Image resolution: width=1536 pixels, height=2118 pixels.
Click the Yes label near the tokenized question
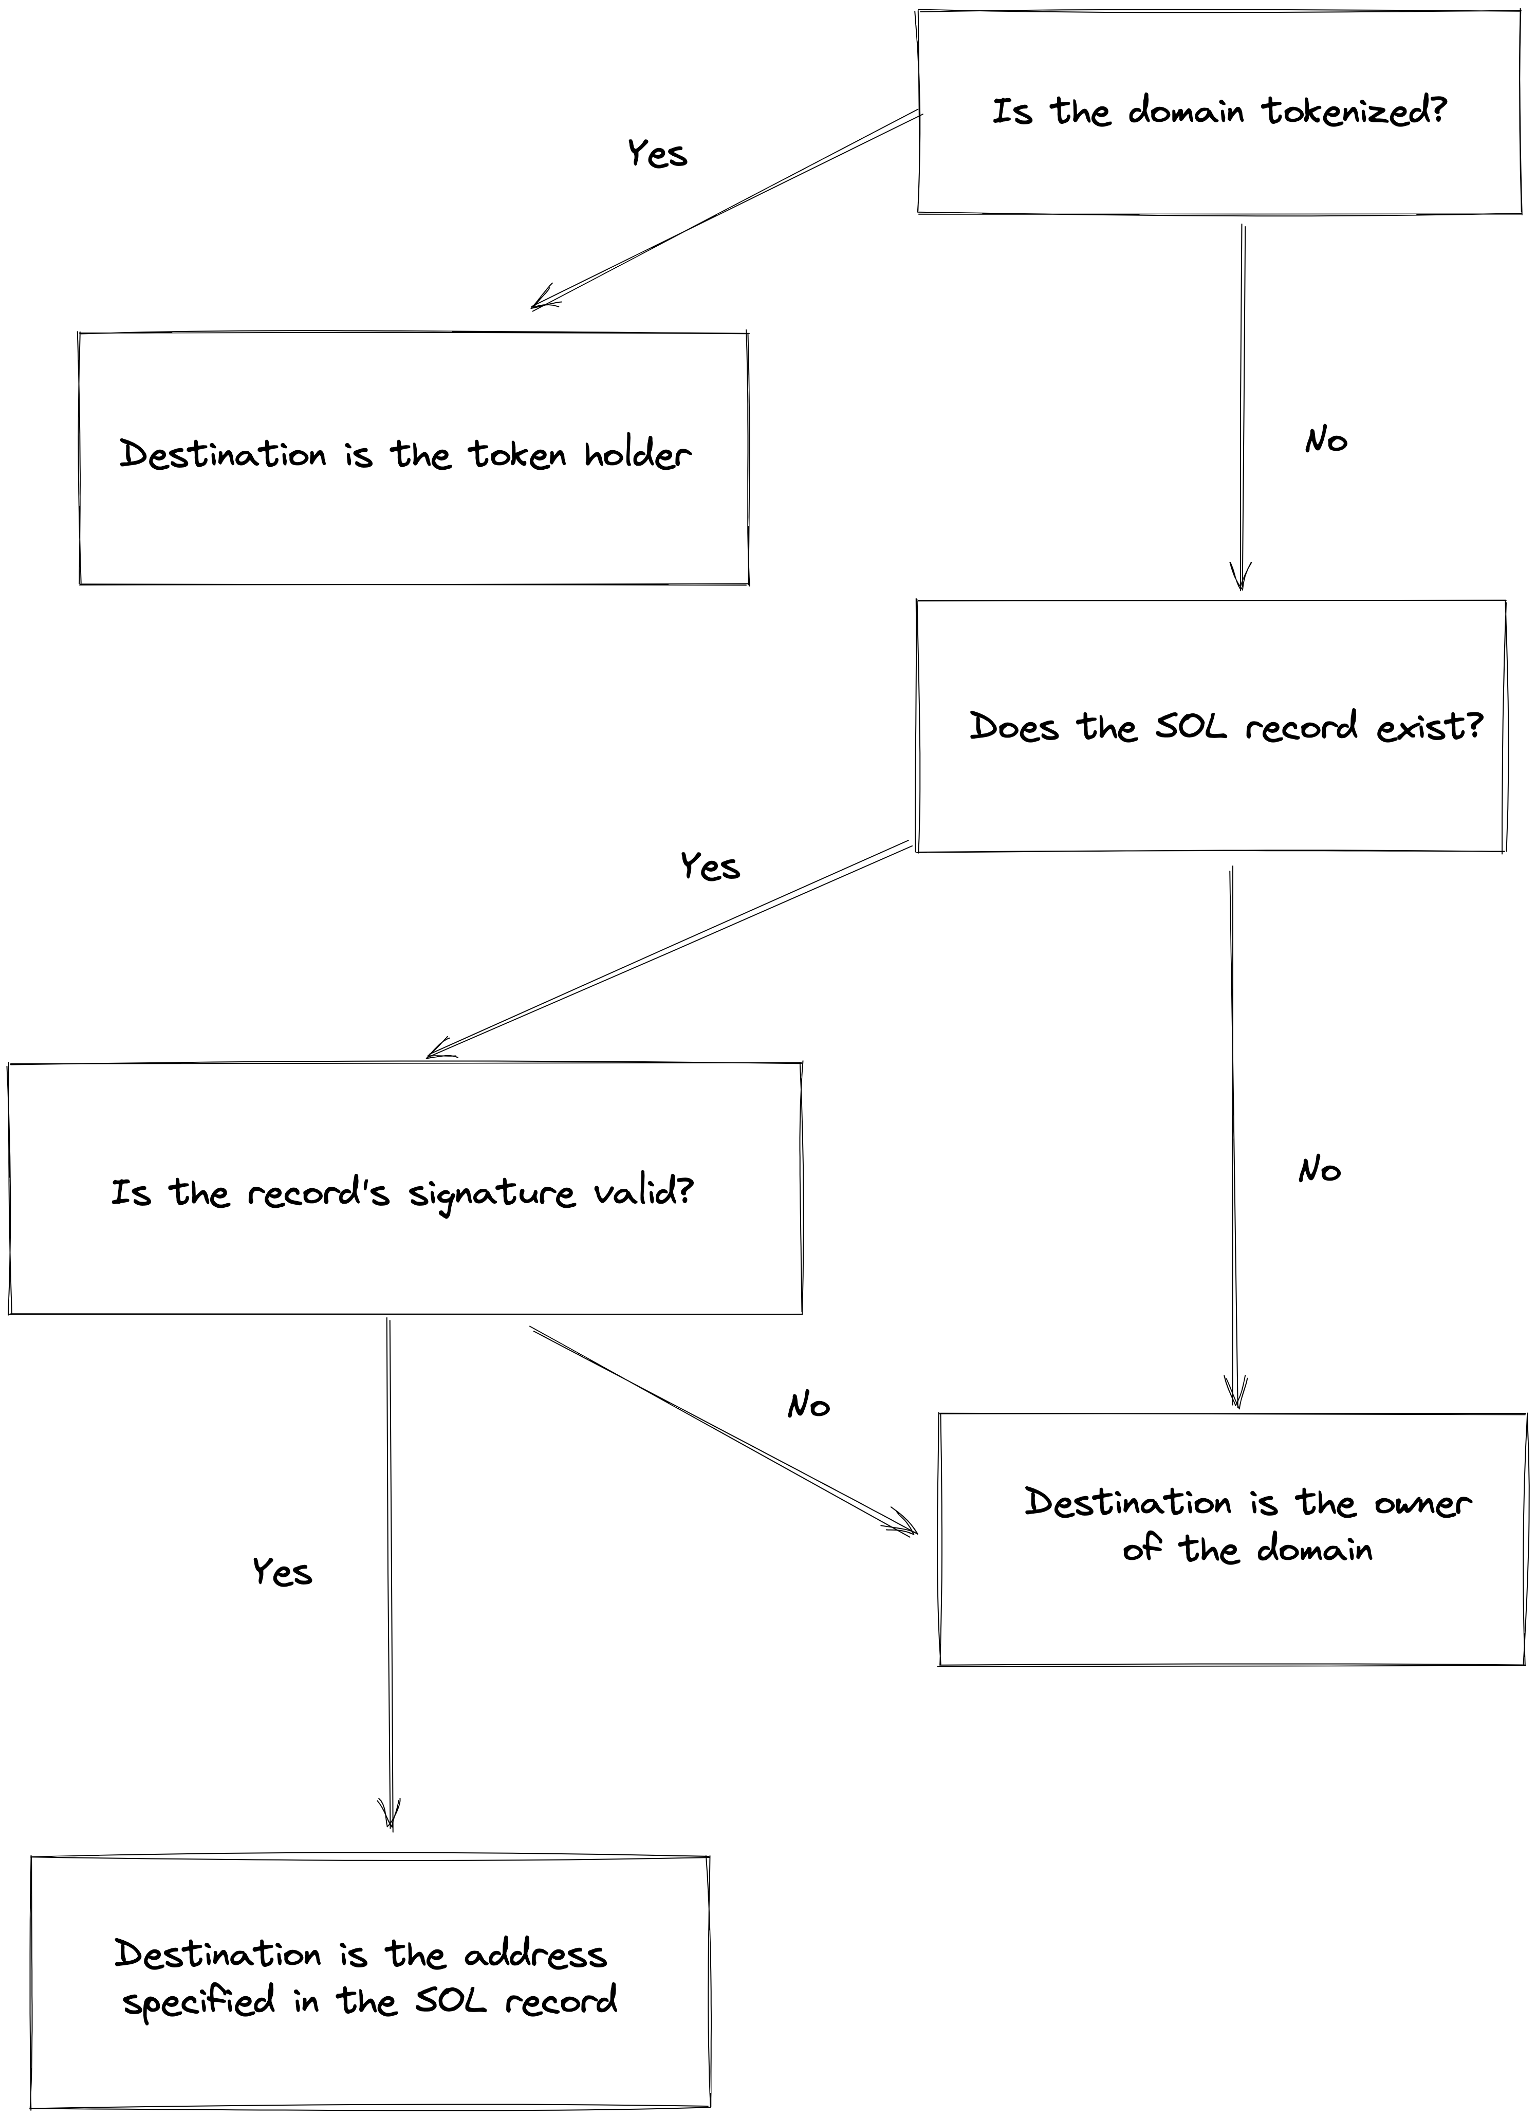pyautogui.click(x=656, y=153)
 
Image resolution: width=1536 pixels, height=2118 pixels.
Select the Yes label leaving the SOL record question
pyautogui.click(x=710, y=867)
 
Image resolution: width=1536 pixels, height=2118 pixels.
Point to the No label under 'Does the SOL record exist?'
pyautogui.click(x=1319, y=1170)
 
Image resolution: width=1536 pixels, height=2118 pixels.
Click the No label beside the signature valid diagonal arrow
pyautogui.click(x=809, y=1406)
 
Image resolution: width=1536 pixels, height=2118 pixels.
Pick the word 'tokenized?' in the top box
pyautogui.click(x=1354, y=111)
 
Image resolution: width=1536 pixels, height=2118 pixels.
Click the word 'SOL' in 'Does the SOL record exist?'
pyautogui.click(x=1191, y=727)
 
